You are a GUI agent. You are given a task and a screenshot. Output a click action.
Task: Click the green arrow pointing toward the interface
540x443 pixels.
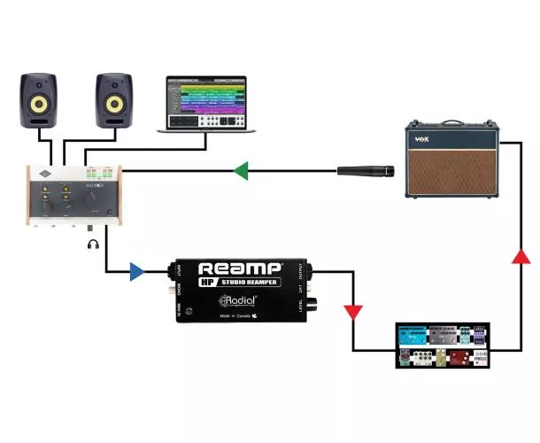240,169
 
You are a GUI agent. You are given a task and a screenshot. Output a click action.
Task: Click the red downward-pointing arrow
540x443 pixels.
353,312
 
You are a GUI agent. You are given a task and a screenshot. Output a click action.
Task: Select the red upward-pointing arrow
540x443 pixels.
522,257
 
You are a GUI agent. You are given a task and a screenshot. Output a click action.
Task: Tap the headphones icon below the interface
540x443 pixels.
93,244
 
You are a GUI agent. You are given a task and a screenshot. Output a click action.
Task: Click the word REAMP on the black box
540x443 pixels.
239,267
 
